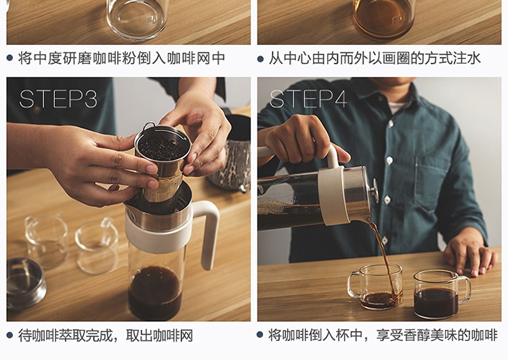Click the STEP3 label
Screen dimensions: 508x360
pos(58,98)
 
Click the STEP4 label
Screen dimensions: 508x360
pos(308,98)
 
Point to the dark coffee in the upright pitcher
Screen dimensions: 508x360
pos(155,293)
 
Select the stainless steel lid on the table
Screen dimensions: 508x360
pos(25,283)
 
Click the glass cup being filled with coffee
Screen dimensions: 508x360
pos(376,286)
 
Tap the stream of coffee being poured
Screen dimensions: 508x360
pos(385,256)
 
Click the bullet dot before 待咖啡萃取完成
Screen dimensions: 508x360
pos(9,335)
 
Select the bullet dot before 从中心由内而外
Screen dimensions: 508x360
pos(261,59)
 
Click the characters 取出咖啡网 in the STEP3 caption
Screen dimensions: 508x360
pos(159,336)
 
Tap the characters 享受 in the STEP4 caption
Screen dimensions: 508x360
pos(389,335)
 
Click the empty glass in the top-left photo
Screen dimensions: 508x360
pos(137,19)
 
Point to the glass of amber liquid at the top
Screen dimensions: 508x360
pos(384,19)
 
